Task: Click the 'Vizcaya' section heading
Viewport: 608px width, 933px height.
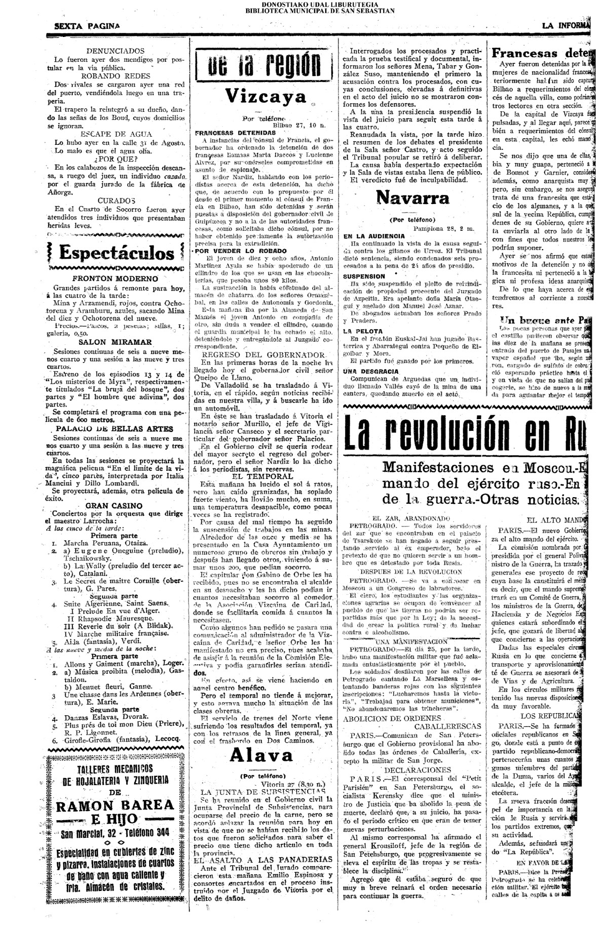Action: [x=265, y=96]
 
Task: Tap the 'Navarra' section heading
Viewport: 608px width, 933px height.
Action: [x=412, y=197]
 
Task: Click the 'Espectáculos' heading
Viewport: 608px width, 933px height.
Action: [x=116, y=253]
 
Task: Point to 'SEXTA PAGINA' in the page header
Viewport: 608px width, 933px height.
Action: [x=87, y=26]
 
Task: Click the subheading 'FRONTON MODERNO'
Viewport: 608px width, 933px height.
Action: [x=115, y=278]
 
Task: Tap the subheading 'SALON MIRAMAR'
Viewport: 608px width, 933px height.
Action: [x=115, y=342]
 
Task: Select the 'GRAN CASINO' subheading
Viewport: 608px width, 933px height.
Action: [x=113, y=505]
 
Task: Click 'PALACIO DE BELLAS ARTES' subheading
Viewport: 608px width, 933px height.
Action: [x=115, y=428]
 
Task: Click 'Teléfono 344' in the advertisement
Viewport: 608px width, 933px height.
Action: [x=146, y=835]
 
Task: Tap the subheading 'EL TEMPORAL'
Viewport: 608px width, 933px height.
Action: [x=262, y=476]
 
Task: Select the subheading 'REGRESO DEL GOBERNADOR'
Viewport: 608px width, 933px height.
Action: [x=263, y=354]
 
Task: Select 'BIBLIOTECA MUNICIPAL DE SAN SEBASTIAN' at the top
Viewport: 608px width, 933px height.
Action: [x=320, y=10]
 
